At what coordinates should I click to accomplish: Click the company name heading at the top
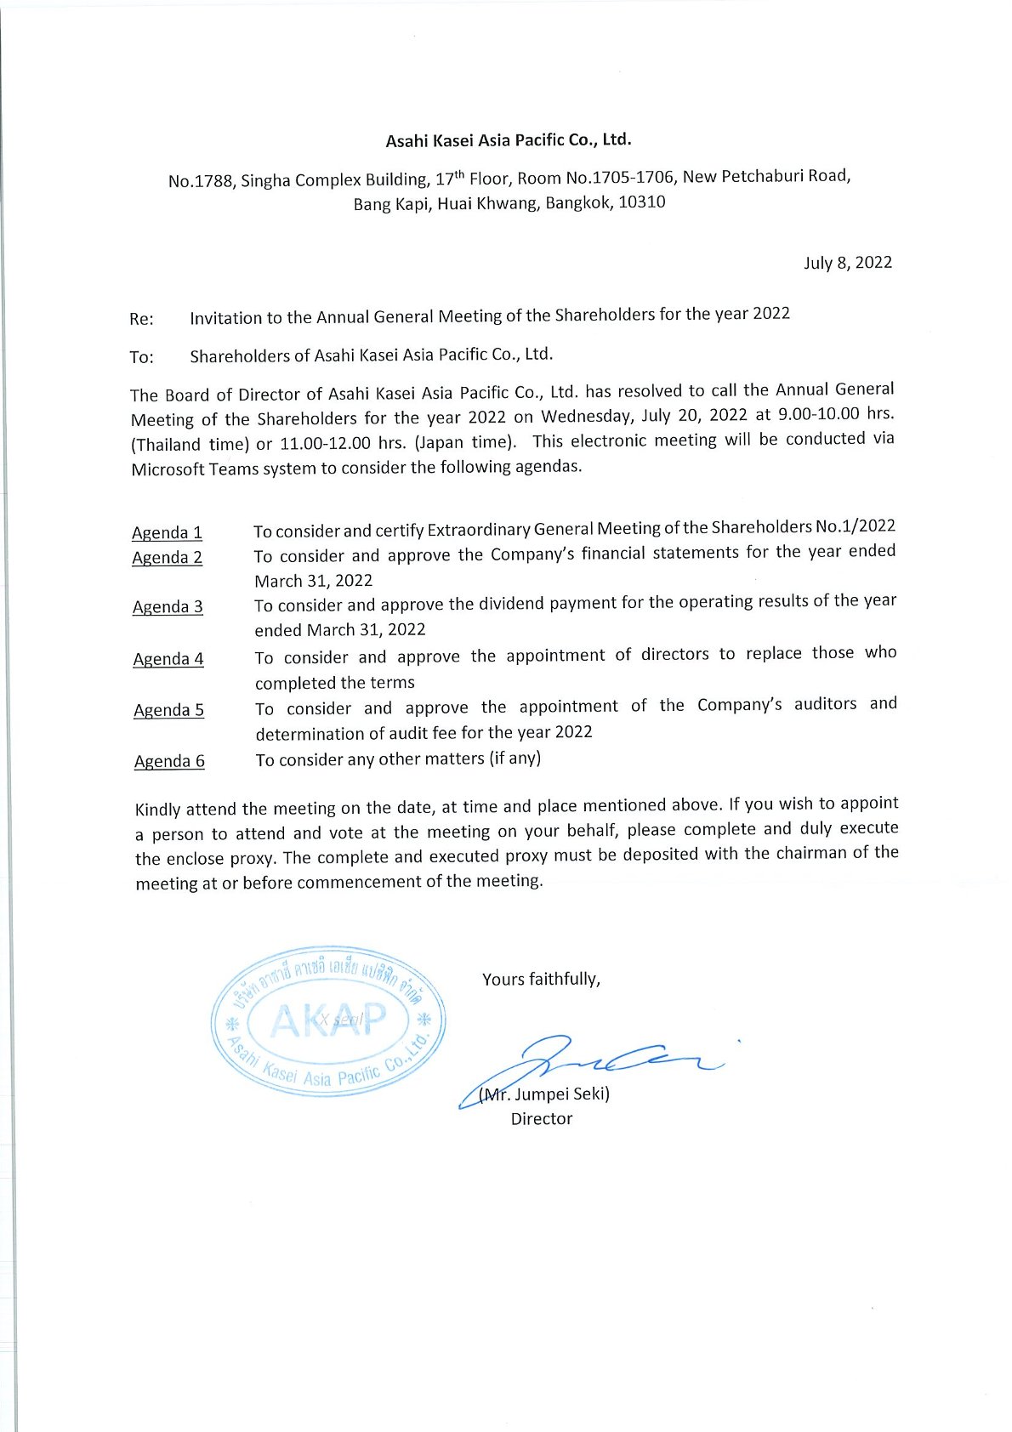click(x=508, y=140)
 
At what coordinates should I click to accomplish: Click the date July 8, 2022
click(x=847, y=262)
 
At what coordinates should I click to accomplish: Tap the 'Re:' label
click(x=141, y=319)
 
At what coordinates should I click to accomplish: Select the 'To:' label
click(x=141, y=357)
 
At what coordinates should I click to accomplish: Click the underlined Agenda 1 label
click(x=167, y=533)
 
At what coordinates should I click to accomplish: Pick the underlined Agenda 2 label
click(x=167, y=558)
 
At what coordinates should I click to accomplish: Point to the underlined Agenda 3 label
click(x=168, y=607)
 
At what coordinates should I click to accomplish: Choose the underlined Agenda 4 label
click(x=168, y=659)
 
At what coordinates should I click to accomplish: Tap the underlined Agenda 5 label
click(x=168, y=710)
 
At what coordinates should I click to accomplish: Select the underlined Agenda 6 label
click(x=169, y=761)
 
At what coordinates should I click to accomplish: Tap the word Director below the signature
click(x=542, y=1119)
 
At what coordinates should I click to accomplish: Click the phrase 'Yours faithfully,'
click(x=541, y=980)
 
